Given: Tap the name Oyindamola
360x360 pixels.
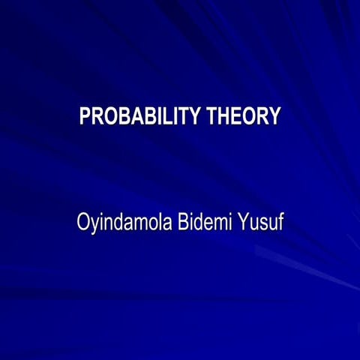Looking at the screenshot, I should [122, 223].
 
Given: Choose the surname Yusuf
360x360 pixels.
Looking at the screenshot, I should [261, 223].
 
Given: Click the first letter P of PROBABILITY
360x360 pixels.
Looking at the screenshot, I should [85, 117].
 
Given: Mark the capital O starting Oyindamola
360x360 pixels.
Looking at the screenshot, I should [82, 223].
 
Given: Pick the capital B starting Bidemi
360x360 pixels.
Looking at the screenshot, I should [182, 223].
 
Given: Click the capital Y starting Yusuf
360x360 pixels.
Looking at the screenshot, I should [244, 223].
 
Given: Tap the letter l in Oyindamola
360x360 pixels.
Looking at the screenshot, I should [158, 223].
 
